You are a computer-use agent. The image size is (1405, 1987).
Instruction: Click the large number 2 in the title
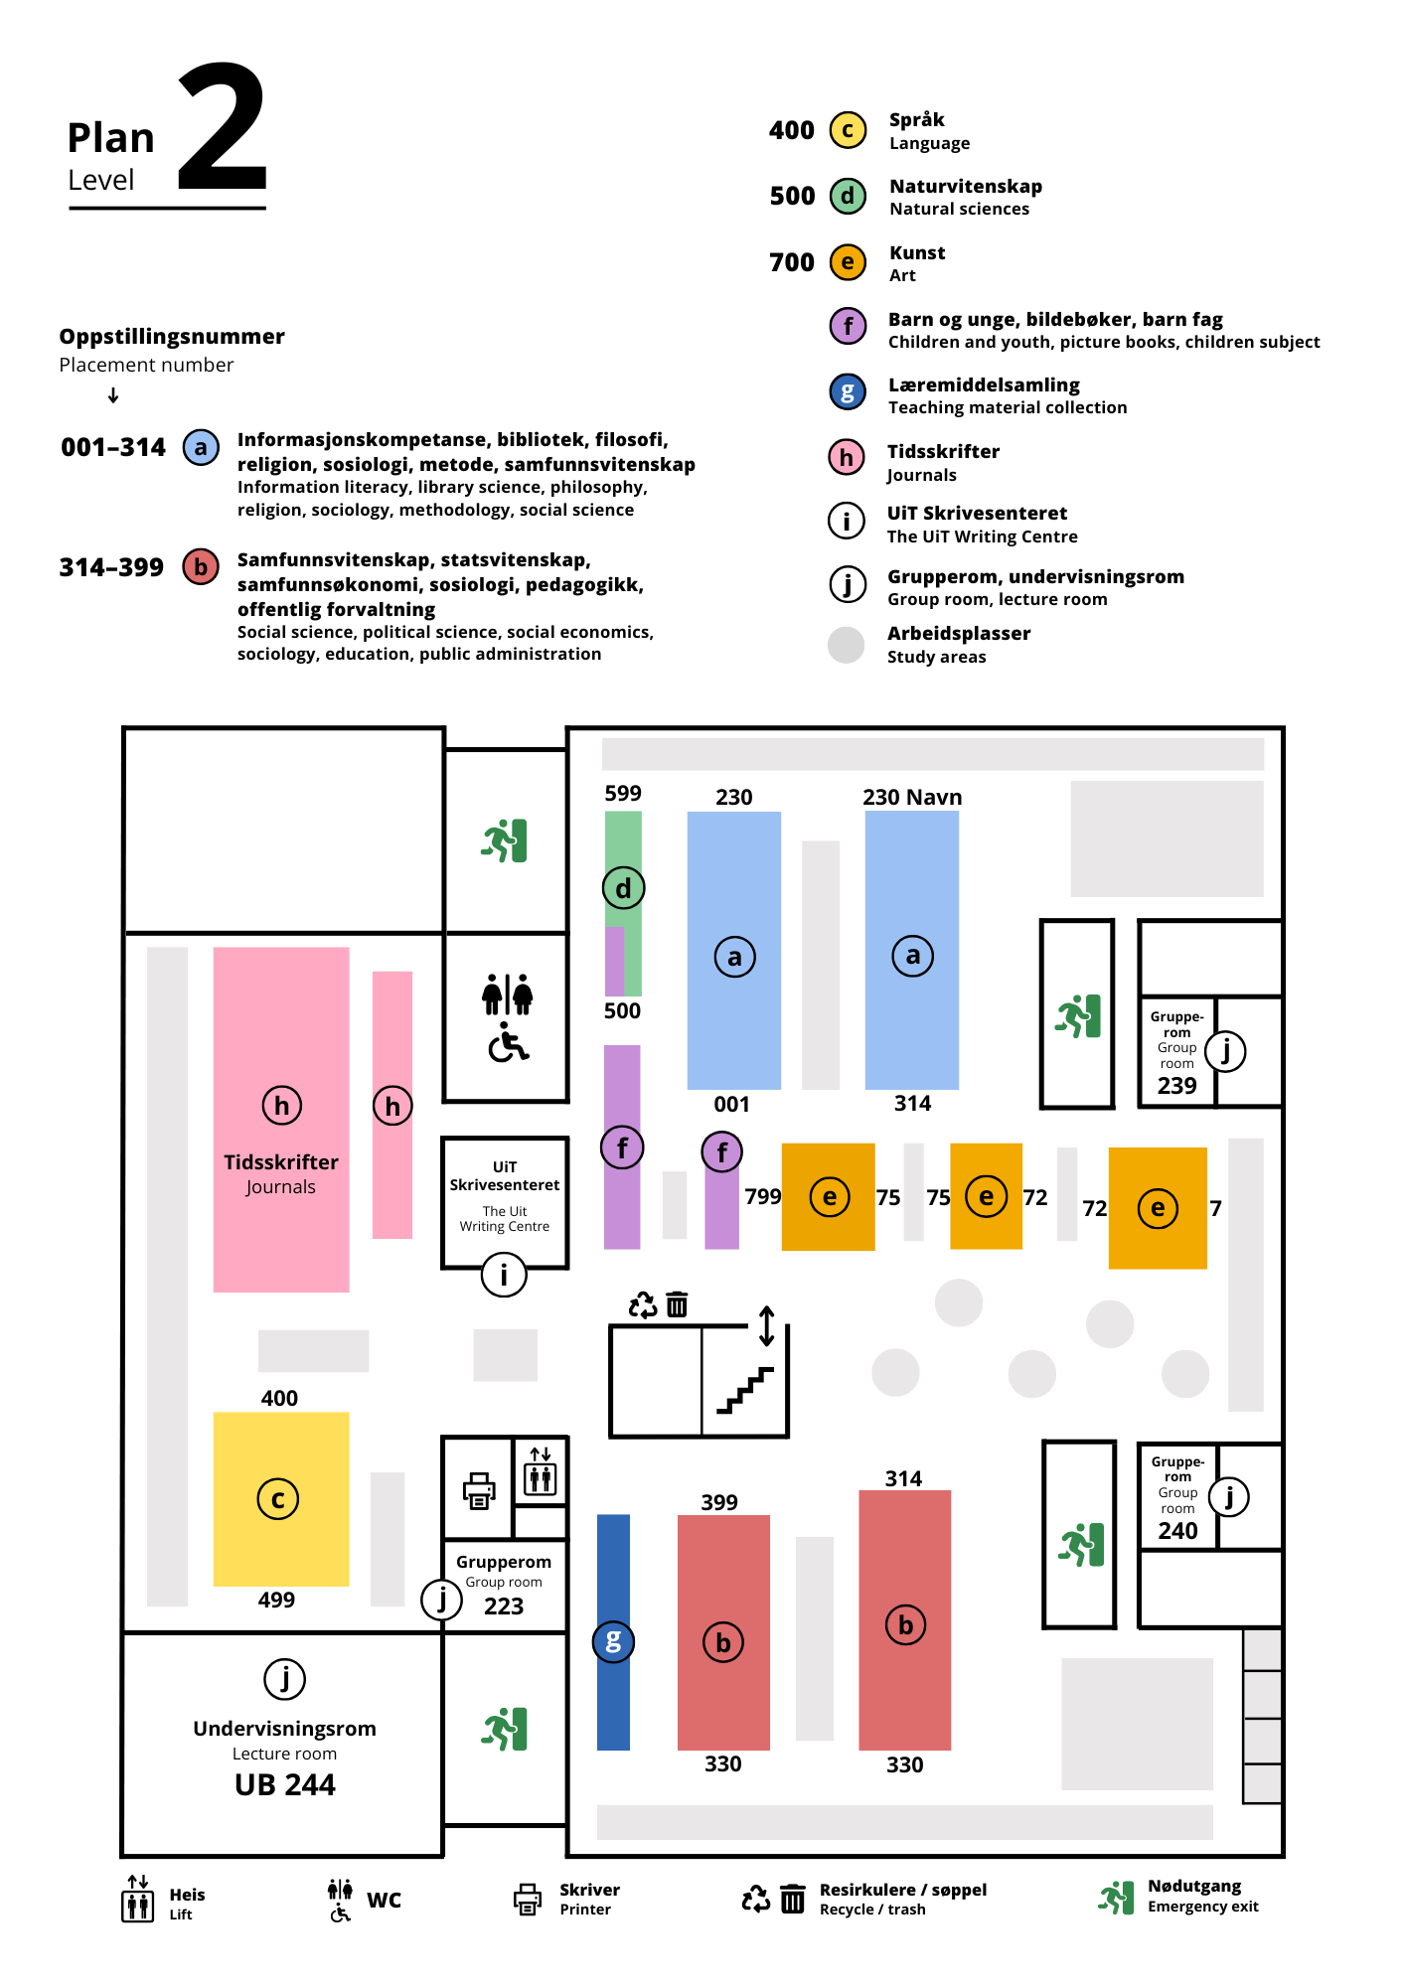click(x=223, y=127)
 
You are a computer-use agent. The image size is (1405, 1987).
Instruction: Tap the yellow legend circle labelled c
click(x=848, y=130)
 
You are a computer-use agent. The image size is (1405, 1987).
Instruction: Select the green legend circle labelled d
click(x=848, y=196)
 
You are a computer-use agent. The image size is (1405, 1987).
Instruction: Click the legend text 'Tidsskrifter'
click(x=943, y=452)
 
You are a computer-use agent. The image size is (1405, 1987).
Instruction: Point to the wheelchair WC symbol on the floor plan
click(x=508, y=1043)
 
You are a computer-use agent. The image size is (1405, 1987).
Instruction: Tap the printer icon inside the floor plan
click(x=479, y=1490)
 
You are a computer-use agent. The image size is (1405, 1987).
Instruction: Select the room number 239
click(x=1176, y=1086)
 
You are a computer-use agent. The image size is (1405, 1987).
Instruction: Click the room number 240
click(x=1177, y=1531)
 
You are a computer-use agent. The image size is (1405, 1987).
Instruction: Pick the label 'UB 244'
click(x=285, y=1785)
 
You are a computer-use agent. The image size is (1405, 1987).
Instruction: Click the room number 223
click(x=504, y=1606)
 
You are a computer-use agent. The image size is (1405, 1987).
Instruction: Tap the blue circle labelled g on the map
click(x=613, y=1641)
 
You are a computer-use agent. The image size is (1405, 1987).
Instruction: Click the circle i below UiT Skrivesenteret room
click(x=504, y=1275)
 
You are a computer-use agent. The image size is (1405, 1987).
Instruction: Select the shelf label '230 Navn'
click(x=912, y=797)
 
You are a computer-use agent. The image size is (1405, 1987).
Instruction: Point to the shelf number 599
click(x=623, y=793)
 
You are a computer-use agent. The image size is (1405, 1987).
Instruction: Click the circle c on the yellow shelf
click(x=278, y=1499)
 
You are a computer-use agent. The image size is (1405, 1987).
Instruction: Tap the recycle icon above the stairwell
click(x=643, y=1304)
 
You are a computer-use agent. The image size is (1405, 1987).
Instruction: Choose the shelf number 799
click(x=763, y=1196)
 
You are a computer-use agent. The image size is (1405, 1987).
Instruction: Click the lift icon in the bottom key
click(x=137, y=1899)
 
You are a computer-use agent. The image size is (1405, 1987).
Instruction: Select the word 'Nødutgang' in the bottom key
click(x=1194, y=1887)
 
